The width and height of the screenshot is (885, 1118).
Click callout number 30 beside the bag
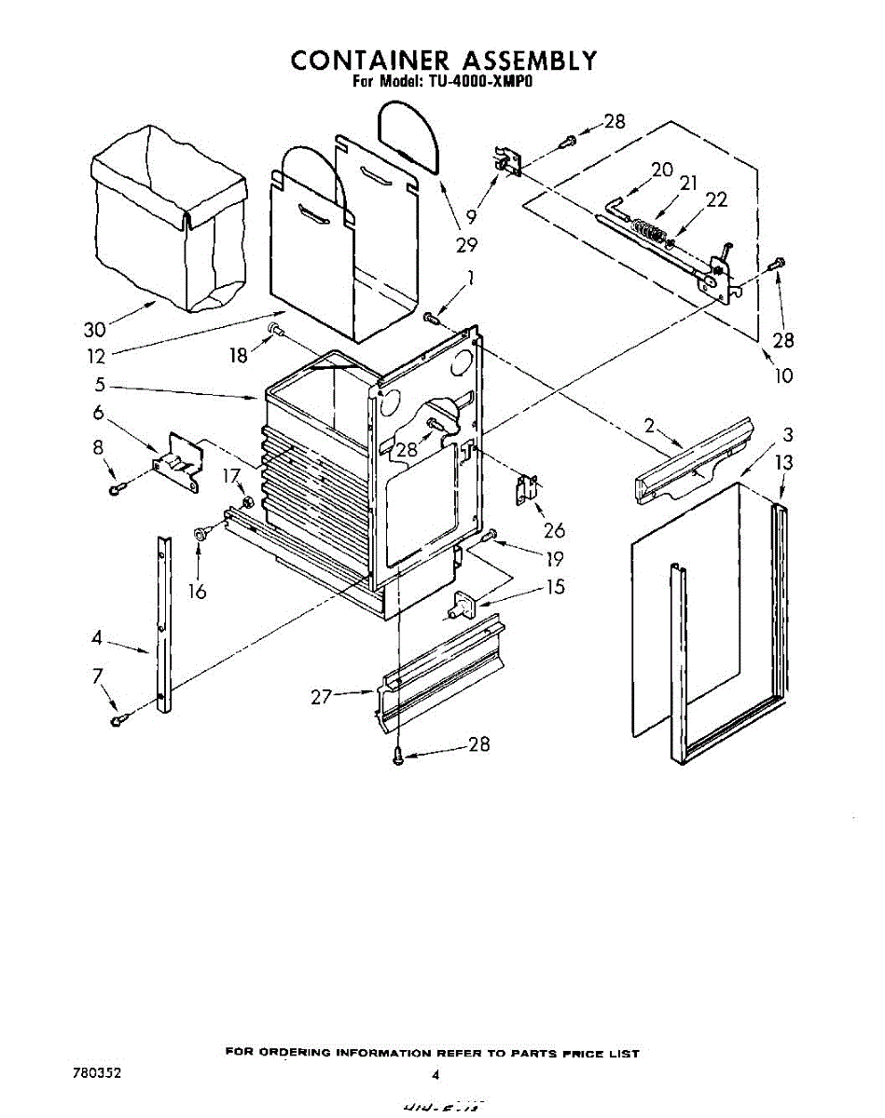point(94,330)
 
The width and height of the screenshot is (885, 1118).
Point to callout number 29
point(466,245)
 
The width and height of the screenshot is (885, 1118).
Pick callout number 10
point(782,375)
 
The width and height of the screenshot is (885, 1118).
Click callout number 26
point(554,531)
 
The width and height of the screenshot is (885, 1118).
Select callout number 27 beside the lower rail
point(322,696)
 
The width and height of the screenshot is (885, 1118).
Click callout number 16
point(197,592)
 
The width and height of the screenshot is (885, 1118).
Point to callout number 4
point(97,638)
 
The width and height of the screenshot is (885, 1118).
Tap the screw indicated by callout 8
point(115,490)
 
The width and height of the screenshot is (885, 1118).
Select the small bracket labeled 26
point(527,488)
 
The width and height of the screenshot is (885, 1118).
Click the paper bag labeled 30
point(168,228)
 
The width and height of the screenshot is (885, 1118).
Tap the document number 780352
point(96,1072)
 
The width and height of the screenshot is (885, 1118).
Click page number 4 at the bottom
point(435,1075)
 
